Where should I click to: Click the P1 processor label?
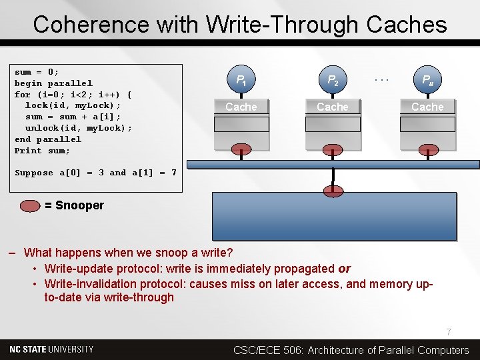[241, 81]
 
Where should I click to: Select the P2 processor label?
[333, 81]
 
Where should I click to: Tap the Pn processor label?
[427, 81]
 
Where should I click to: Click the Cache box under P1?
[241, 107]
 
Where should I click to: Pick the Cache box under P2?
[333, 107]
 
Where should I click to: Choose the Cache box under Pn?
[427, 107]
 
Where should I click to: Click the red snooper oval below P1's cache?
[241, 149]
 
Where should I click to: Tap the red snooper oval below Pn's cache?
[427, 149]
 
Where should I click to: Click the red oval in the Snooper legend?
[31, 205]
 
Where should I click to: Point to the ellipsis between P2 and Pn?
[381, 78]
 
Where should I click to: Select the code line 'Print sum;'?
[42, 151]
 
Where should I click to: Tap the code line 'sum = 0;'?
[37, 72]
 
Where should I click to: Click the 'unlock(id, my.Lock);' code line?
[78, 128]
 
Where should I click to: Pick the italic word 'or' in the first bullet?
[344, 269]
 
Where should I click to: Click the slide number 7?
[449, 332]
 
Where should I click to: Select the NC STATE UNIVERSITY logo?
[51, 349]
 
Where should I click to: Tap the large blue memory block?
[333, 217]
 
